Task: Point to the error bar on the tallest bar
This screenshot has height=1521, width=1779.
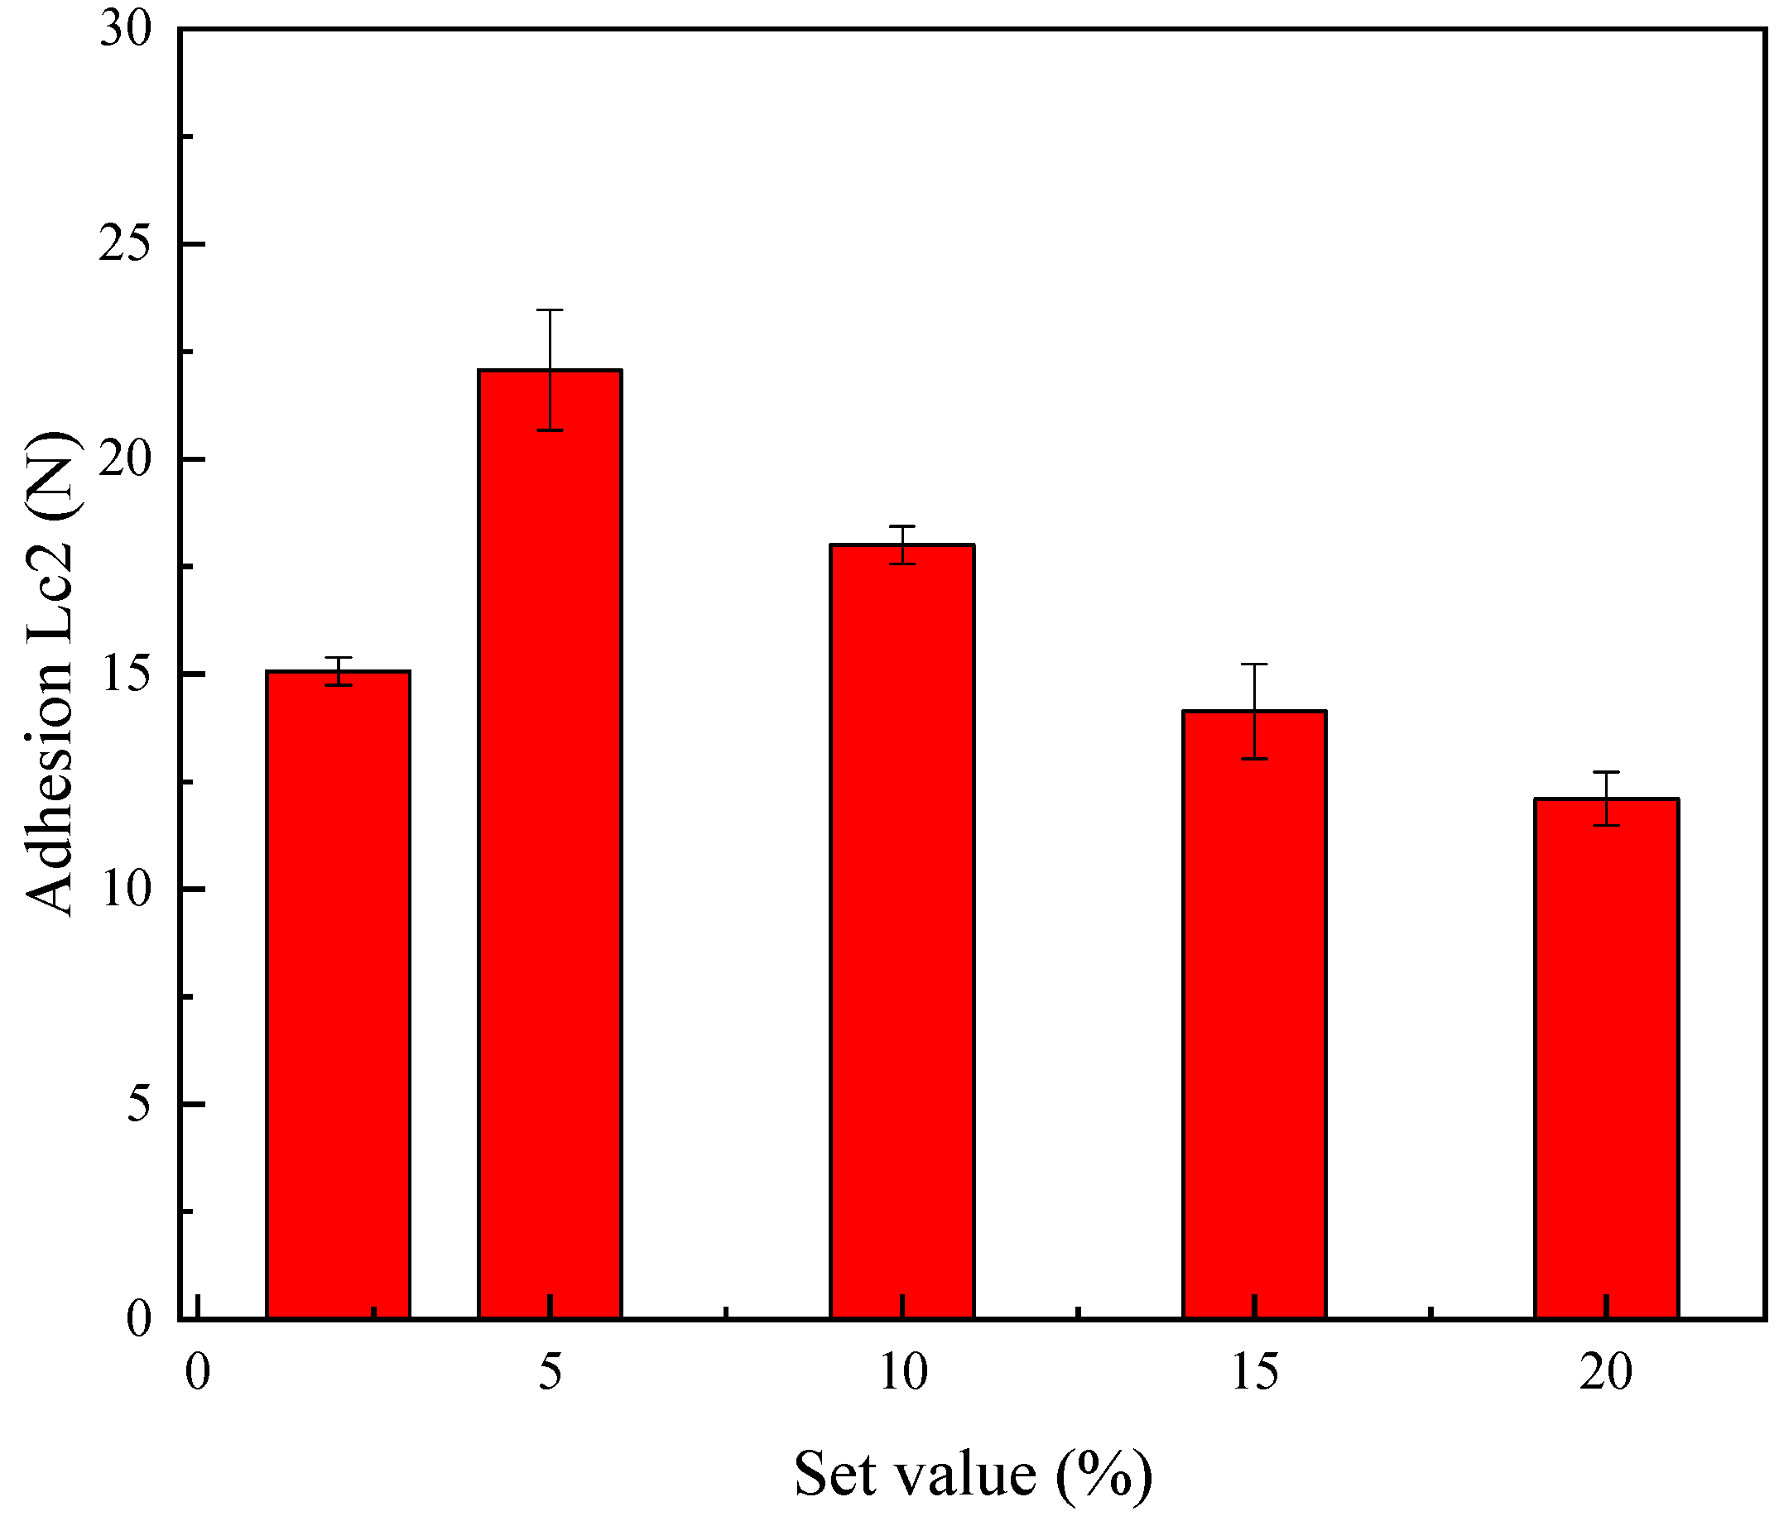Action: click(550, 370)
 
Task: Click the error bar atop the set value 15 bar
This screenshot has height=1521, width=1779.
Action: click(1254, 711)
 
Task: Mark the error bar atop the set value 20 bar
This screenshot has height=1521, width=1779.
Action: click(1607, 799)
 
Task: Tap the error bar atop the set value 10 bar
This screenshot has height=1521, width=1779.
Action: click(902, 545)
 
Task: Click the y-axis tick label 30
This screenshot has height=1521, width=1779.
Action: click(125, 30)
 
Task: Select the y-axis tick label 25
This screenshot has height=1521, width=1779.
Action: click(125, 245)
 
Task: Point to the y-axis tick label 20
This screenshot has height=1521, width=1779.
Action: click(125, 460)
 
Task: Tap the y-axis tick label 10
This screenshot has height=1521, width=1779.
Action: click(125, 890)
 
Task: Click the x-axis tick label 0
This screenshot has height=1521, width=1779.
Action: click(198, 1372)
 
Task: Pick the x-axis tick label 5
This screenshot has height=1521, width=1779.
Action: click(550, 1372)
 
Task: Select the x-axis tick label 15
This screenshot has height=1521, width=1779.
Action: click(1254, 1372)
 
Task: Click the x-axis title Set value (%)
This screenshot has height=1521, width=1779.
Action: click(972, 1475)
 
